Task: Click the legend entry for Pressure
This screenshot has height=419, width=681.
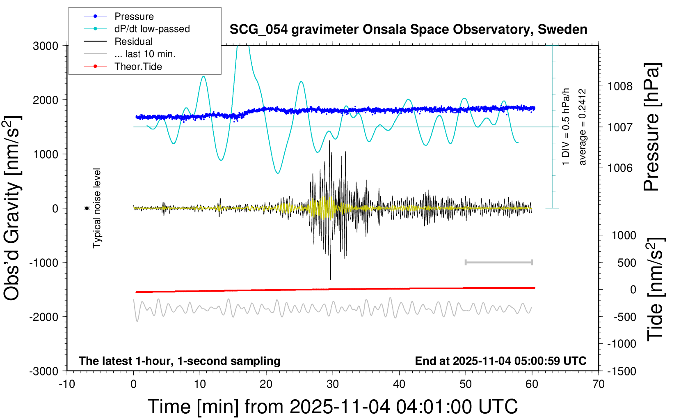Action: pos(134,16)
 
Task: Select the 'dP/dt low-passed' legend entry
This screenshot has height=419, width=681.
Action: pos(152,29)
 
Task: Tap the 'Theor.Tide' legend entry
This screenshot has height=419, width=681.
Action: pos(138,67)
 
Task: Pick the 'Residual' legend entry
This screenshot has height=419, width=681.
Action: pos(133,41)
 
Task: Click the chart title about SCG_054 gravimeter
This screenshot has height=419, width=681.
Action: pos(408,30)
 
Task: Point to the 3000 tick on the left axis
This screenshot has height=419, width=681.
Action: pos(46,46)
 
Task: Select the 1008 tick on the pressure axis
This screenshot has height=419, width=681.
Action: pos(620,86)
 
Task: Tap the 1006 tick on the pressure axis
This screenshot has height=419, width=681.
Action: pos(620,168)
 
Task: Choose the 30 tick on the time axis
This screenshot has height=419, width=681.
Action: pos(333,384)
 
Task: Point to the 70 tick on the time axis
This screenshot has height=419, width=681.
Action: pos(599,384)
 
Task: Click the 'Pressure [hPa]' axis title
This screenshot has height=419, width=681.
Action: pos(651,127)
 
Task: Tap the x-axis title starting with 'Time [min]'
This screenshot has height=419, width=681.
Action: pos(332,407)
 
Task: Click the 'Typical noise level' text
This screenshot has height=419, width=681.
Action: pos(97,208)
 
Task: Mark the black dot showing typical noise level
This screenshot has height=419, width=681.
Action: pos(87,208)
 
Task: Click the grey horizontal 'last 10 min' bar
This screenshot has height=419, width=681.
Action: pos(498,262)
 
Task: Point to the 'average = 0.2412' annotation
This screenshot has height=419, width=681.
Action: pos(582,127)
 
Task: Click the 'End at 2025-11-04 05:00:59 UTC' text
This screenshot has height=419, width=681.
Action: pos(500,361)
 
